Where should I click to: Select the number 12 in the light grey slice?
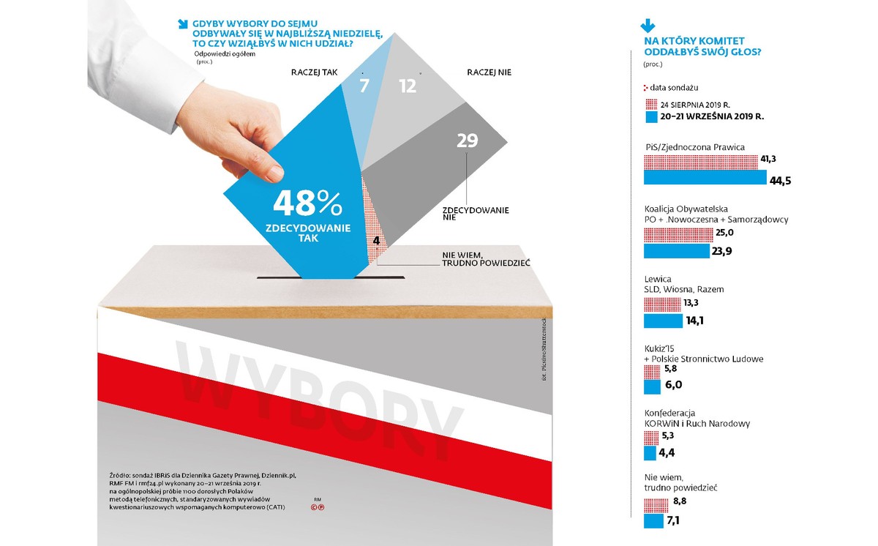[x=408, y=86]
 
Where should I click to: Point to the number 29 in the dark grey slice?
[x=467, y=141]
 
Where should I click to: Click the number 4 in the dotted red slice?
[x=375, y=240]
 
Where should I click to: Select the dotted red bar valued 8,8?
[x=656, y=504]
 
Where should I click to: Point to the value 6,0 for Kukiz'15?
[x=674, y=385]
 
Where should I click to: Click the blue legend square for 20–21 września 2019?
[x=650, y=116]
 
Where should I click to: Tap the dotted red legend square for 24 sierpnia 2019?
[x=650, y=103]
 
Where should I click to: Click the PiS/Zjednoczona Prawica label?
[x=695, y=146]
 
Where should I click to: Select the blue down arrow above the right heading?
[x=648, y=27]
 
